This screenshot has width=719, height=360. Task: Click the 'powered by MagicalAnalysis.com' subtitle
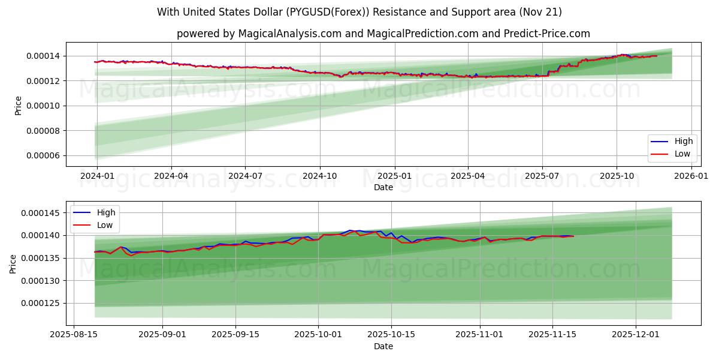tap(383, 34)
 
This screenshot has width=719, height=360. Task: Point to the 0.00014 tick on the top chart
tap(42, 56)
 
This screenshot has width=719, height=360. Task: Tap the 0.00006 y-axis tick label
tap(42, 156)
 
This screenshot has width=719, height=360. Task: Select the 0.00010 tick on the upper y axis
tap(42, 106)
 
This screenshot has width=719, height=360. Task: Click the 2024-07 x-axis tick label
tap(245, 176)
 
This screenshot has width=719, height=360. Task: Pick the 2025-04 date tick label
tap(467, 176)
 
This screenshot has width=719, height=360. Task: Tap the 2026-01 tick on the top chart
tap(691, 176)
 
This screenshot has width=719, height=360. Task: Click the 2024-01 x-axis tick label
tap(96, 176)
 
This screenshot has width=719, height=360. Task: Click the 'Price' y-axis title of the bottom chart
tap(13, 263)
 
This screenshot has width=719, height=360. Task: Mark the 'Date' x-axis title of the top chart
tap(383, 187)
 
